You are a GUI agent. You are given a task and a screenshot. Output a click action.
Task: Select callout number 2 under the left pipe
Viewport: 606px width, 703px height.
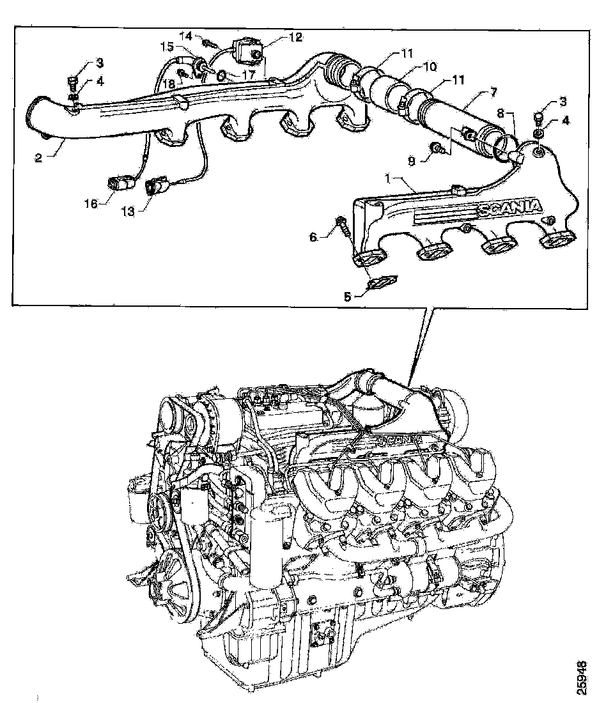38,157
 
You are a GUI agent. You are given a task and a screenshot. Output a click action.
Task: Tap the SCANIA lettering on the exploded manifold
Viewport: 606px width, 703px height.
509,208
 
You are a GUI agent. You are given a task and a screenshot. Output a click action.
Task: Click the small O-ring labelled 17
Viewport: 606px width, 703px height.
221,75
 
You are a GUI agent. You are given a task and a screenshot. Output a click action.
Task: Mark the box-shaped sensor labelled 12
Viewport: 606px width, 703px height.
245,49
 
